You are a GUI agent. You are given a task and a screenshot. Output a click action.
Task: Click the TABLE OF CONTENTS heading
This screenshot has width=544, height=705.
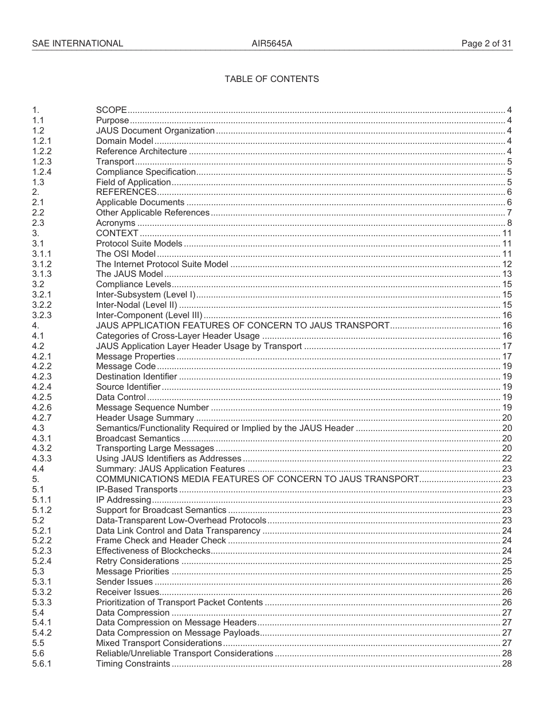271,79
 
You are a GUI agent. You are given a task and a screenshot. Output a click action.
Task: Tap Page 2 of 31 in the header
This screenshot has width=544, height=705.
487,44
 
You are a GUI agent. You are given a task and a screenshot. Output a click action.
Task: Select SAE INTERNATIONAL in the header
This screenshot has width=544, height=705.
77,44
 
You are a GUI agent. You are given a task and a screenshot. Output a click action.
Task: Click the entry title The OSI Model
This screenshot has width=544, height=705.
125,254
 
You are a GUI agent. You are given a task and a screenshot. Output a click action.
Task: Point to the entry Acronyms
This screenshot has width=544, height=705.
116,223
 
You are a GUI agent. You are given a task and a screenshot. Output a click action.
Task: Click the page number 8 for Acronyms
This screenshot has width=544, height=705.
509,223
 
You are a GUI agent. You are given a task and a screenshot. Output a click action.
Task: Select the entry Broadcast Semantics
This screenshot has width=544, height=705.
138,438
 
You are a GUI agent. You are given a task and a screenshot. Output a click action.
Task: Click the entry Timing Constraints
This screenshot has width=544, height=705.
133,664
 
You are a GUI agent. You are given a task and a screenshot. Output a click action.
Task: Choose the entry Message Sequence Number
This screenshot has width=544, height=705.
152,408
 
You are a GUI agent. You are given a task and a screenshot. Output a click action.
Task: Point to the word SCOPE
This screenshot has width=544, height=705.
111,110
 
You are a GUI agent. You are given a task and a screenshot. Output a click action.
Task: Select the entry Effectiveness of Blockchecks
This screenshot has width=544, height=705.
153,551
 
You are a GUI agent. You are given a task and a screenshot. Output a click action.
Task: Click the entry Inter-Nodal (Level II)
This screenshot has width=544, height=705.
136,305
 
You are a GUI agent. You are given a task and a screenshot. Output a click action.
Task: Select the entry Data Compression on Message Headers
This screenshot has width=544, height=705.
176,622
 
